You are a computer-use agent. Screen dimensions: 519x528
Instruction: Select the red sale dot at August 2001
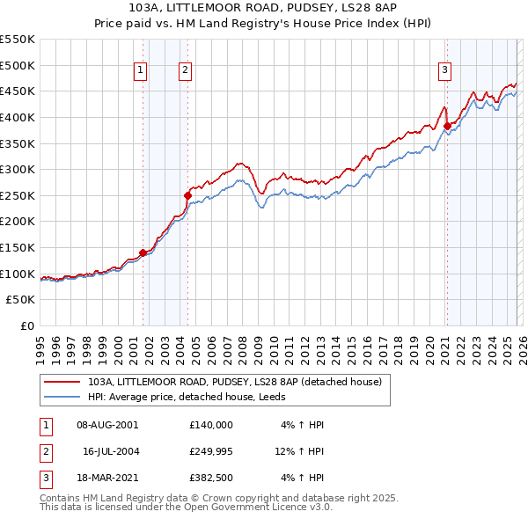click(x=143, y=252)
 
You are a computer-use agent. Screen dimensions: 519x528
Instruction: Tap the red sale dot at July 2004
click(x=187, y=195)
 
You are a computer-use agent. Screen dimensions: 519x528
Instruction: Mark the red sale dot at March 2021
click(x=447, y=126)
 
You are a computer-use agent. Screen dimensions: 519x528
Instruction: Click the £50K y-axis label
click(x=21, y=300)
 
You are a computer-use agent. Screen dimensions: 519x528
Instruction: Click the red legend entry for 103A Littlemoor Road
click(x=234, y=383)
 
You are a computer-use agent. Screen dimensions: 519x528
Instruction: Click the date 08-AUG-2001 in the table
click(x=107, y=424)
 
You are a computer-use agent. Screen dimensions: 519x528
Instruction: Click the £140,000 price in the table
click(x=211, y=424)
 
